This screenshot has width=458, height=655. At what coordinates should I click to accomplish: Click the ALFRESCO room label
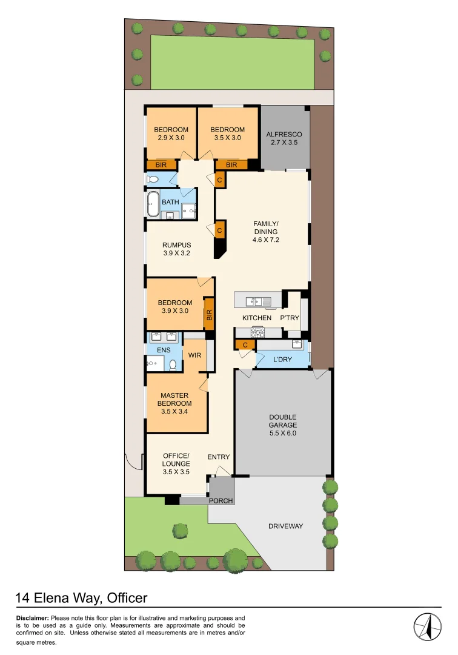[284, 134]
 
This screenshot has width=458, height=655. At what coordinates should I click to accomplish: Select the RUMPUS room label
[176, 245]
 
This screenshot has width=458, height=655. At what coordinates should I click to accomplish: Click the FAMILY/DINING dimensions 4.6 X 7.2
[265, 240]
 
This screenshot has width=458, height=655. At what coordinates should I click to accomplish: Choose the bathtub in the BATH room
[152, 204]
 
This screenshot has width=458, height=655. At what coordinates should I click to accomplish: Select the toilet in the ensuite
[173, 364]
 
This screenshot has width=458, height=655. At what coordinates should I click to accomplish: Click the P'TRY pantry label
[288, 318]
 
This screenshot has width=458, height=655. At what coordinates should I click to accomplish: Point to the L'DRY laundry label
[282, 360]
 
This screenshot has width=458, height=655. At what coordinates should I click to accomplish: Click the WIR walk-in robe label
[194, 355]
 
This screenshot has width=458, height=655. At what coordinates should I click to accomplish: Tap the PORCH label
[221, 501]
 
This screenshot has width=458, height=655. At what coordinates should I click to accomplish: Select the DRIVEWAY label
[285, 526]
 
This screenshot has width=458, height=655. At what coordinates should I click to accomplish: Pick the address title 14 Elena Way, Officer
[81, 598]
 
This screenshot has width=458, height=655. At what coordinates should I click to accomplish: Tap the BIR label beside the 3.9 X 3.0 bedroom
[209, 315]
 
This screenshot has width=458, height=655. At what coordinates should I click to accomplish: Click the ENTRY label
[218, 457]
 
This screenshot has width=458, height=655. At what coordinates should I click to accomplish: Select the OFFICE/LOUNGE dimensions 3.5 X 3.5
[176, 471]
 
